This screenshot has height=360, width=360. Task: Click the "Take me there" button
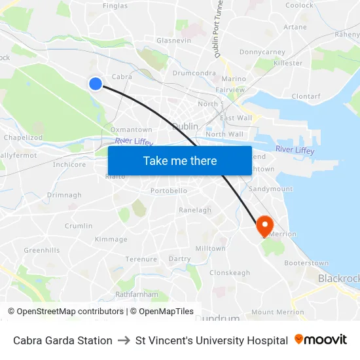pos(180,160)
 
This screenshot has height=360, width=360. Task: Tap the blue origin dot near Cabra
pos(96,83)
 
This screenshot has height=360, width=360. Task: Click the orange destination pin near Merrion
pos(265,226)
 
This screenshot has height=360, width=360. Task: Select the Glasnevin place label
pos(173,41)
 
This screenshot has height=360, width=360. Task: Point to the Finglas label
pos(115,5)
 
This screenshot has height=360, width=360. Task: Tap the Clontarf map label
pos(306,96)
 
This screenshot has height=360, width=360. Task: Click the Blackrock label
pos(338,278)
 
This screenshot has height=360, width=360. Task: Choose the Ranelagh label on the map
pos(195,210)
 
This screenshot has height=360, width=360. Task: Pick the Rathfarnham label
pos(137,294)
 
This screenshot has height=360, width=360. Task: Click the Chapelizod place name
pos(23,138)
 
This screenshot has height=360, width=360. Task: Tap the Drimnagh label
pos(64,195)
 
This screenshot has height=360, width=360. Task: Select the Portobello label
pos(169,190)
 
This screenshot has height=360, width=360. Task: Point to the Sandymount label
pos(271,189)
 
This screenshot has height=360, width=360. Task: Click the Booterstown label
pos(306,263)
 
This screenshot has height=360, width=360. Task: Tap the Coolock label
pos(299,5)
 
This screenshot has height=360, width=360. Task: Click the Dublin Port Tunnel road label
pos(221,29)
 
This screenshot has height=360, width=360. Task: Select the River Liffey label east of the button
pos(295,151)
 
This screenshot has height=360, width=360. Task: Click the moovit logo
pos(320,340)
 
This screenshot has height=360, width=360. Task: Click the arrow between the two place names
pos(124,340)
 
